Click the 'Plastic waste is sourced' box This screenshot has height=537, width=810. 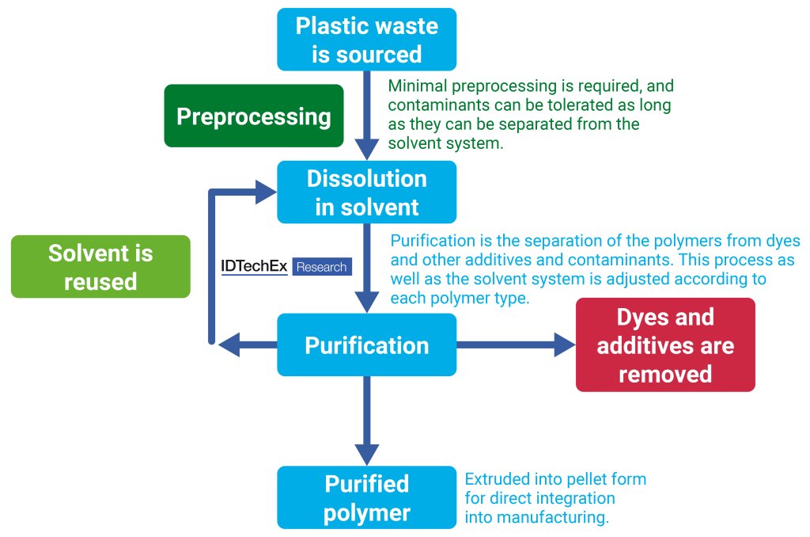pyautogui.click(x=366, y=40)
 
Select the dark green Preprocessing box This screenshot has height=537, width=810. pyautogui.click(x=254, y=116)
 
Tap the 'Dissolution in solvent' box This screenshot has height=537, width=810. pyautogui.click(x=366, y=192)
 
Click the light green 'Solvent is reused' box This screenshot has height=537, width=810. pyautogui.click(x=100, y=267)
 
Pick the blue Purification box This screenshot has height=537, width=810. pyautogui.click(x=366, y=345)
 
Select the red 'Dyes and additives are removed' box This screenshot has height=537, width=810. pyautogui.click(x=665, y=345)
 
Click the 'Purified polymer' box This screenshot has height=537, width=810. pyautogui.click(x=366, y=497)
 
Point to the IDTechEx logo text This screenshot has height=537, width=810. pyautogui.click(x=254, y=267)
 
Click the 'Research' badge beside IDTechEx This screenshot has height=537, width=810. pyautogui.click(x=321, y=267)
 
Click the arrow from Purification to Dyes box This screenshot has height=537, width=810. pyautogui.click(x=514, y=345)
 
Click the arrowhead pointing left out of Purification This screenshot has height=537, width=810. pyautogui.click(x=230, y=345)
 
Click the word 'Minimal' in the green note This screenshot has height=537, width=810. pyautogui.click(x=415, y=86)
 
